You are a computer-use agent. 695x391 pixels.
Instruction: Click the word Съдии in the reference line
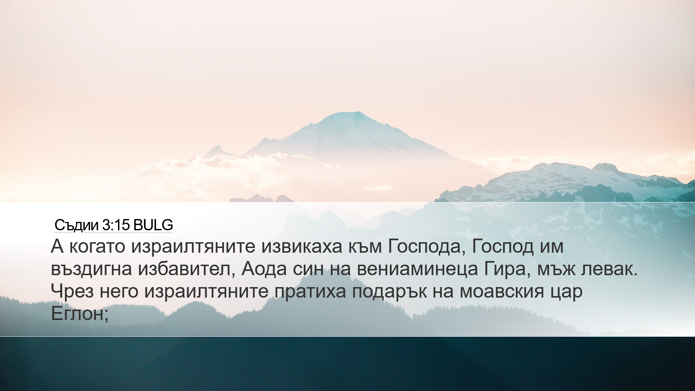tap(76, 225)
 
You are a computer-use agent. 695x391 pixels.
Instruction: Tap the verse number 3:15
tap(116, 225)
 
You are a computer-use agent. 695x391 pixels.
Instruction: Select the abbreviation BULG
tap(153, 225)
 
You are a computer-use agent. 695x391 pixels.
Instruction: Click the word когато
tap(97, 247)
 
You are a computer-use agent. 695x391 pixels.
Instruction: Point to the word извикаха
tap(302, 247)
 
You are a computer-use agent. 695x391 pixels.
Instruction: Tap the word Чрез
tap(72, 291)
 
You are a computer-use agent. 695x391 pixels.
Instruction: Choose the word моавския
tap(502, 291)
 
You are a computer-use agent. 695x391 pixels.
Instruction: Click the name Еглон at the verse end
tap(77, 314)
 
